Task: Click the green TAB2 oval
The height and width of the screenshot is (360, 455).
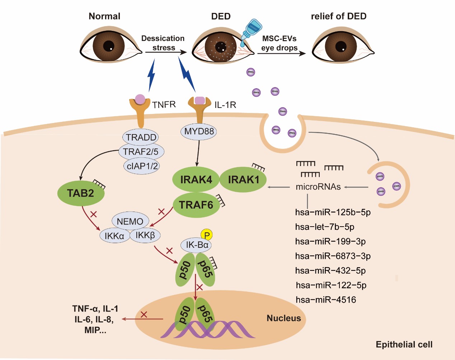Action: pos(81,194)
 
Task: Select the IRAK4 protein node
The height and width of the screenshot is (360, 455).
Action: pos(196,180)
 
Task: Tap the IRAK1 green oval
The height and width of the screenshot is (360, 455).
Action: pos(243,180)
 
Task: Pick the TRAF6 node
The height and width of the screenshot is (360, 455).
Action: pos(196,205)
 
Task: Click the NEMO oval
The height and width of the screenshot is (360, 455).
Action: pos(130,222)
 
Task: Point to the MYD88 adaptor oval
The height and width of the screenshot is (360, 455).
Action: pos(199,132)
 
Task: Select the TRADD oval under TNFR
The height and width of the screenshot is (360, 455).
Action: pos(141,137)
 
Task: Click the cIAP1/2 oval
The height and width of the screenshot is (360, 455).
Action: pos(142,166)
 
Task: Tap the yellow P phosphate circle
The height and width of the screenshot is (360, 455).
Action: pos(207,235)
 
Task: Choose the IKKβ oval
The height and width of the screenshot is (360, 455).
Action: pos(145,235)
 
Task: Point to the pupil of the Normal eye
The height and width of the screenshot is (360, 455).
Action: pos(109,46)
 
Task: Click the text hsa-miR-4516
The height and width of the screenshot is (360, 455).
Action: pos(326,300)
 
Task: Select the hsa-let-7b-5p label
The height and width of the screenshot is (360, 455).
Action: pos(325,227)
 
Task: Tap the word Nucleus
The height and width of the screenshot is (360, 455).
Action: pos(283,318)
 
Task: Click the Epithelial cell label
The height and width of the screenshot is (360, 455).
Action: pos(404,345)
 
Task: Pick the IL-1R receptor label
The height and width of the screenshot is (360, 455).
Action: pos(225,105)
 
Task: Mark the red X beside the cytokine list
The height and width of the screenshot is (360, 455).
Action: pos(144,314)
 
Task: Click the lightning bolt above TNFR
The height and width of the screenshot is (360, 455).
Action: pos(152,75)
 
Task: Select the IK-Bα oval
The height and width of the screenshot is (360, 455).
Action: pos(197,245)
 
